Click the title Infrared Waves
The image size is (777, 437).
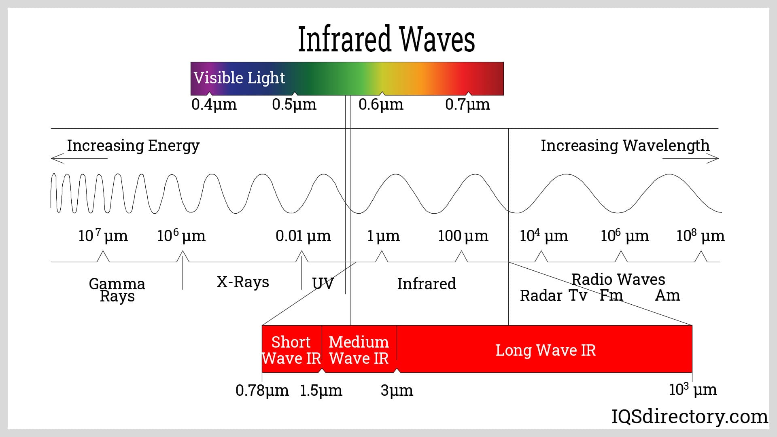point(386,39)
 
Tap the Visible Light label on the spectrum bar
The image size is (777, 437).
point(239,78)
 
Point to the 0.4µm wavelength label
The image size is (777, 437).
point(214,104)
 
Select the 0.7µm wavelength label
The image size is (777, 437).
point(467,104)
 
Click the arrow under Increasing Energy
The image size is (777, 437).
point(79,158)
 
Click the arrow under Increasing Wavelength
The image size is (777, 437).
point(690,158)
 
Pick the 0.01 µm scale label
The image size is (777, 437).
point(303,235)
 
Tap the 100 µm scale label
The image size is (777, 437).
point(463,235)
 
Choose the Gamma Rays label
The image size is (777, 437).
point(117,290)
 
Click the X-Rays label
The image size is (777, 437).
point(243,282)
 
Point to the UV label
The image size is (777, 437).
point(323,284)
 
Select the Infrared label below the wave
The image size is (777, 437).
point(427,284)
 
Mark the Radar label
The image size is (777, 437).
point(541,296)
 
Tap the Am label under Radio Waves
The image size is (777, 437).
point(667,296)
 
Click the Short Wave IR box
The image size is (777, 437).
point(291,350)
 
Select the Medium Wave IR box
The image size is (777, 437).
point(359,350)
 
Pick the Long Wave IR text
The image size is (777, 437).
point(546,350)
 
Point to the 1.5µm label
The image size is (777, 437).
point(321,390)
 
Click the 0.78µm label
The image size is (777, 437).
point(262,390)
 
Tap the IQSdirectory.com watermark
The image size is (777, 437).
point(689,416)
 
